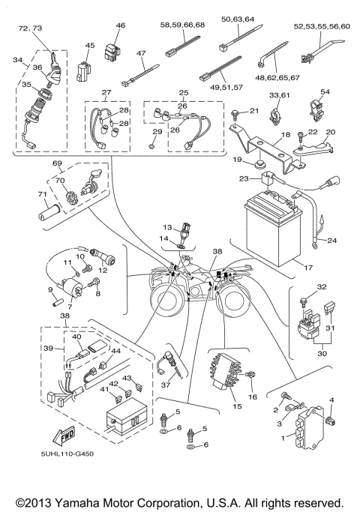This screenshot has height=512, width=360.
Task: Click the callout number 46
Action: pyautogui.click(x=120, y=26)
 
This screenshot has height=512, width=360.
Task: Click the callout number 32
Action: pyautogui.click(x=301, y=287)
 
